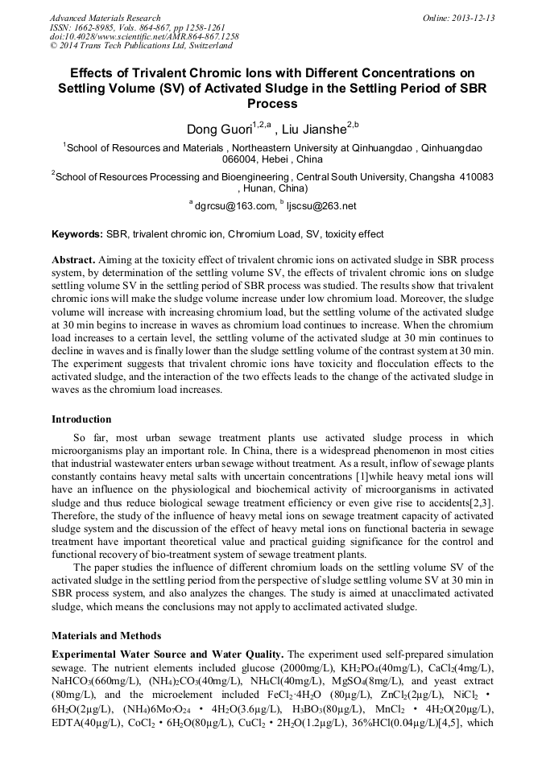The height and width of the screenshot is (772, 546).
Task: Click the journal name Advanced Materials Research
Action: [x=105, y=18]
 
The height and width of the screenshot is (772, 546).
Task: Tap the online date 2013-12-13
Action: [x=474, y=18]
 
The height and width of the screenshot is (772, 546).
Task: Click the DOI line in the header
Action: [x=144, y=37]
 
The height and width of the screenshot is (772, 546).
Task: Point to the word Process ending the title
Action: [x=272, y=104]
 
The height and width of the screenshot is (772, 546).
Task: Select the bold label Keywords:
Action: [x=77, y=234]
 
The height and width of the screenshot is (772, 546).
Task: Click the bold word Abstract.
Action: [x=74, y=261]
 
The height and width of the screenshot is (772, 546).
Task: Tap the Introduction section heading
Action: [x=81, y=419]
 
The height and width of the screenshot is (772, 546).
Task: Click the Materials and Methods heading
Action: [x=105, y=635]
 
